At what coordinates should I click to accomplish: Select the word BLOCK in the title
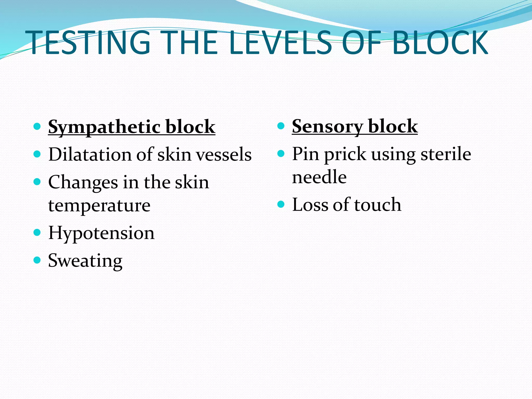pyautogui.click(x=440, y=43)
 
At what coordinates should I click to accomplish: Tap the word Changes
pyautogui.click(x=83, y=183)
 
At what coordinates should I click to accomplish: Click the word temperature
pyautogui.click(x=99, y=206)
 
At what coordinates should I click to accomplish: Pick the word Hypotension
pyautogui.click(x=101, y=233)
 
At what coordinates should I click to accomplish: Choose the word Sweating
pyautogui.click(x=85, y=261)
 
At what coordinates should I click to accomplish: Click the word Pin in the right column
pyautogui.click(x=305, y=154)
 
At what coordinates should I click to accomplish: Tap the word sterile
pyautogui.click(x=446, y=154)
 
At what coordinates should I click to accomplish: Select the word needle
pyautogui.click(x=319, y=177)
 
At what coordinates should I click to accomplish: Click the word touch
pyautogui.click(x=378, y=205)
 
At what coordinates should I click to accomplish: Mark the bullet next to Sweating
pyautogui.click(x=37, y=260)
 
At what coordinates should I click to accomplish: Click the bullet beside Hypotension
pyautogui.click(x=37, y=232)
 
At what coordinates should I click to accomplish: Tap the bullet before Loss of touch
pyautogui.click(x=281, y=204)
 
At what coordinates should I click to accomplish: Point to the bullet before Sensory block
pyautogui.click(x=281, y=126)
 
